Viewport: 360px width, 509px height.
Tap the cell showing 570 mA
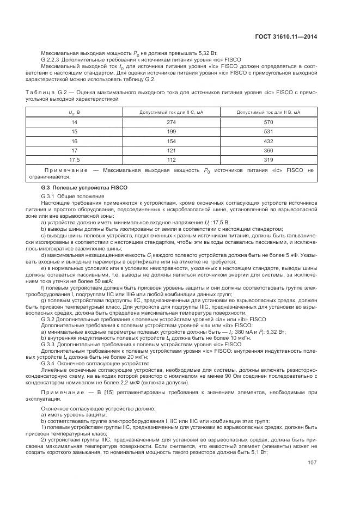pyautogui.click(x=268, y=122)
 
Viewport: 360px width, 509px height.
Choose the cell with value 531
pyautogui.click(x=268, y=131)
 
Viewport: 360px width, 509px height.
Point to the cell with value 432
pyautogui.click(x=268, y=140)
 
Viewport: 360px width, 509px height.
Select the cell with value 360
pyautogui.click(x=268, y=150)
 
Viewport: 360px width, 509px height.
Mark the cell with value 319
pyautogui.click(x=268, y=160)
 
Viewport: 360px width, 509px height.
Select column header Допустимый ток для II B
pyautogui.click(x=268, y=112)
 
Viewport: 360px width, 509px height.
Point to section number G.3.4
pyautogui.click(x=50, y=363)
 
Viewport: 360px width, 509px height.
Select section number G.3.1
pyautogui.click(x=50, y=196)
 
